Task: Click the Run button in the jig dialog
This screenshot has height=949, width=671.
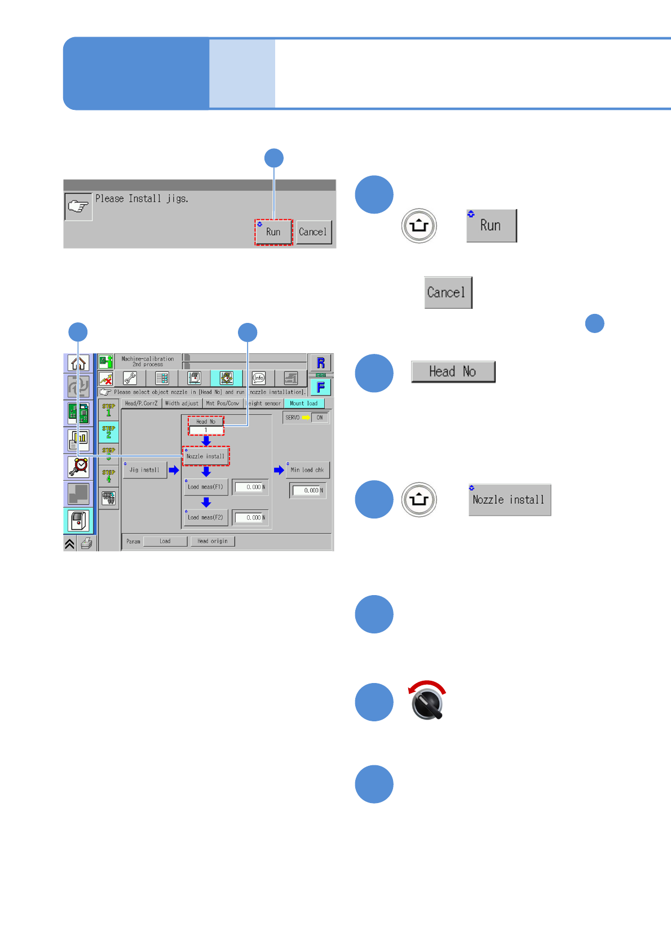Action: coord(273,232)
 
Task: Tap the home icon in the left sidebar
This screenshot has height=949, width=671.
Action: coord(78,363)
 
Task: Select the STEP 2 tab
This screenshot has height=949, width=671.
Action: coord(108,432)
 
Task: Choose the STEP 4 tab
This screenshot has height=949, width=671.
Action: coord(108,476)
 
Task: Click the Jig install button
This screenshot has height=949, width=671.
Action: coord(145,470)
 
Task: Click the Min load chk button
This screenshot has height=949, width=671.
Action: coord(307,470)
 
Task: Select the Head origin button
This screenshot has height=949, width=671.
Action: coord(213,541)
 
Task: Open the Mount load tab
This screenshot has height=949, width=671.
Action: coord(304,403)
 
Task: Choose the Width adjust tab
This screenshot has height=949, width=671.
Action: coord(182,403)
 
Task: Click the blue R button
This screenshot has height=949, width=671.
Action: coord(320,363)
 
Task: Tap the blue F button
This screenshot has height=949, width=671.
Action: coord(320,387)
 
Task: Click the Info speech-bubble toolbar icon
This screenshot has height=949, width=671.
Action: coord(259,378)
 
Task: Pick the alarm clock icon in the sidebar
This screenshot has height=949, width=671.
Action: coord(78,467)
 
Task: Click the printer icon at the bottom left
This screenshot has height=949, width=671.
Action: coord(86,544)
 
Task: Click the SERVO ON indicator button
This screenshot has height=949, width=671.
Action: coord(319,418)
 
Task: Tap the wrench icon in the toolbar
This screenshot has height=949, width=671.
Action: coord(130,378)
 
